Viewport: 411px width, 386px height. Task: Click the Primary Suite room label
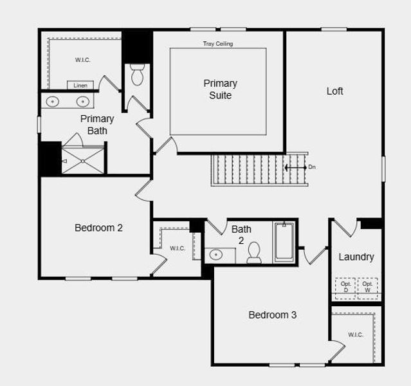(x=220, y=89)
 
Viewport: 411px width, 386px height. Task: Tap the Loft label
(x=334, y=91)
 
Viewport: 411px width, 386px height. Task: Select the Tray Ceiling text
(x=218, y=44)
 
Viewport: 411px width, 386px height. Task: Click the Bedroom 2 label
(x=98, y=227)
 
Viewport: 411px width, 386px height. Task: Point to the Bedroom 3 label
(x=272, y=315)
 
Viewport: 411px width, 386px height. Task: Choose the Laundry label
(x=356, y=257)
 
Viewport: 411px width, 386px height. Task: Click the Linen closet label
(x=80, y=85)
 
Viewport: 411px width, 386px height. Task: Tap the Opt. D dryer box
(x=345, y=287)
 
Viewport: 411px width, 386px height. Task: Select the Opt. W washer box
(x=367, y=287)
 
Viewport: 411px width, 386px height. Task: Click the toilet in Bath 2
(x=254, y=253)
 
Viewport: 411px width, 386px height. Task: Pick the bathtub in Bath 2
(x=284, y=242)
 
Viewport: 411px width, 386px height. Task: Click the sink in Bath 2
(x=216, y=254)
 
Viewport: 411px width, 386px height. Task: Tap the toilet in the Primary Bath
(x=137, y=75)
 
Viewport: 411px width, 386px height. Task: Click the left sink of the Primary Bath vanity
(x=53, y=101)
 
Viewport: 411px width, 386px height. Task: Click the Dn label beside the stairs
(x=312, y=167)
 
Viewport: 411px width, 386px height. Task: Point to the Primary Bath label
(x=97, y=125)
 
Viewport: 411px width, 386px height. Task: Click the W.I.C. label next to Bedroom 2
(x=178, y=248)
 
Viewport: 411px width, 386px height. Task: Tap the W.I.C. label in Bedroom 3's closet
(x=356, y=335)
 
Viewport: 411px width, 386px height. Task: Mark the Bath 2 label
(x=241, y=234)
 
